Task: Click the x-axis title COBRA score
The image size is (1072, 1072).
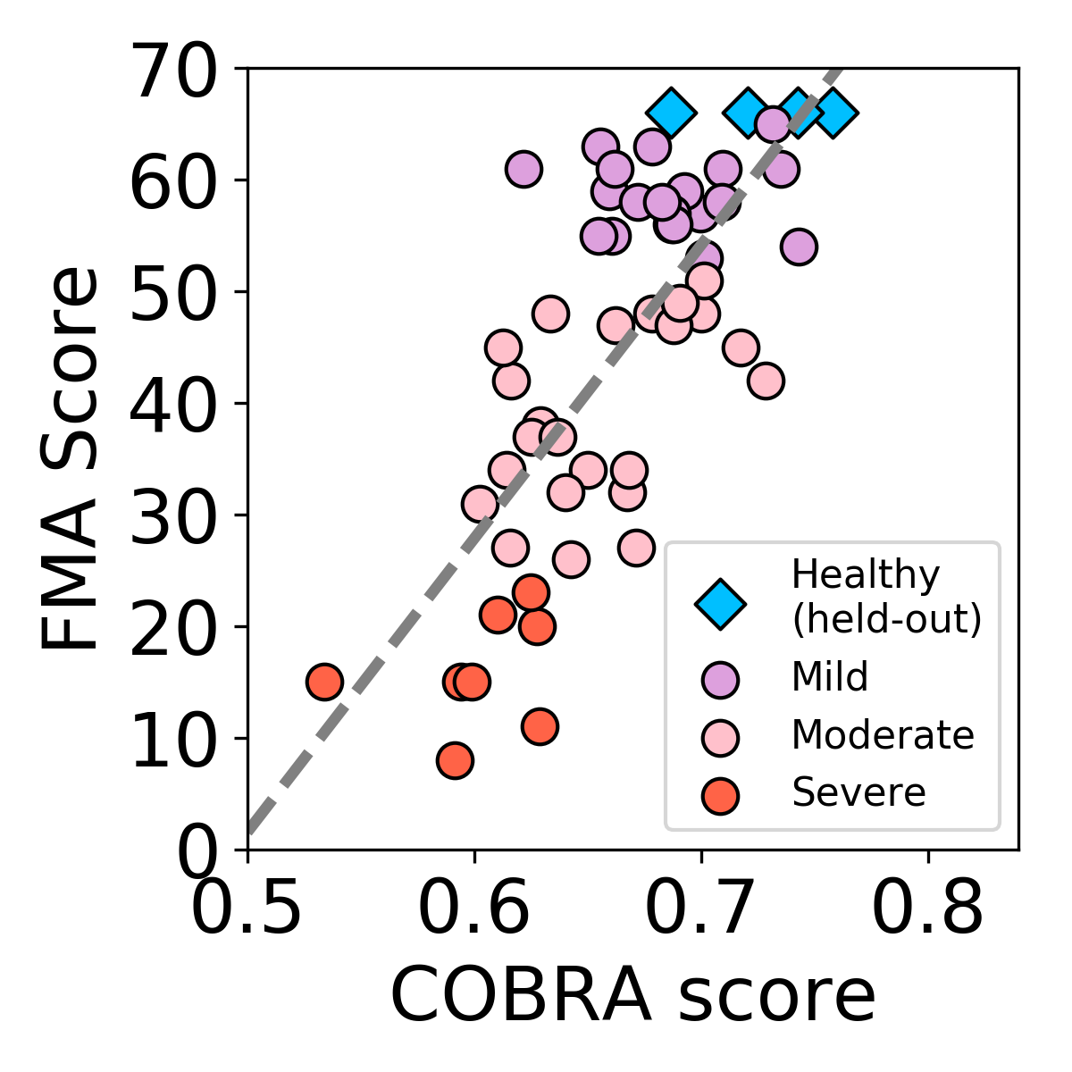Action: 632,995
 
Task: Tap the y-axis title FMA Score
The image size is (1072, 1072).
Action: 70,458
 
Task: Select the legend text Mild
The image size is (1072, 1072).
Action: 829,677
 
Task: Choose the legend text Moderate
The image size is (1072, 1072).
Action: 883,735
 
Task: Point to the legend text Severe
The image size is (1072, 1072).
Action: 858,792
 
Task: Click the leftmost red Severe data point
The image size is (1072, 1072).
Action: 324,683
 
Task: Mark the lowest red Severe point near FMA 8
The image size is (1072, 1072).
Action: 455,760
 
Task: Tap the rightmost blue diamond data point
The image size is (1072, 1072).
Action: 833,113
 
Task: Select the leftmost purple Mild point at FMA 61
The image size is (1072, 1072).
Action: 523,168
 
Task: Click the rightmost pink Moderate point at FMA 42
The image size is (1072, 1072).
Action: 766,381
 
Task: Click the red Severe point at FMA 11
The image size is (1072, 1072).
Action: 540,726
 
